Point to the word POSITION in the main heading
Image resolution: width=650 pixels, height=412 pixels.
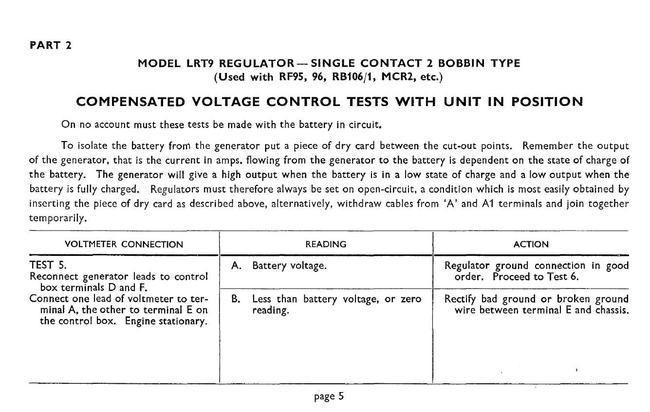pyautogui.click(x=539, y=102)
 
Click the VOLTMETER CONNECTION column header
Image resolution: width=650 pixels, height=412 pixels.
pyautogui.click(x=124, y=245)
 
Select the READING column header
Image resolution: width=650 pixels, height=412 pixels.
pyautogui.click(x=326, y=245)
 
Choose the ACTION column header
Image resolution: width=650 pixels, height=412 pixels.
pyautogui.click(x=531, y=245)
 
